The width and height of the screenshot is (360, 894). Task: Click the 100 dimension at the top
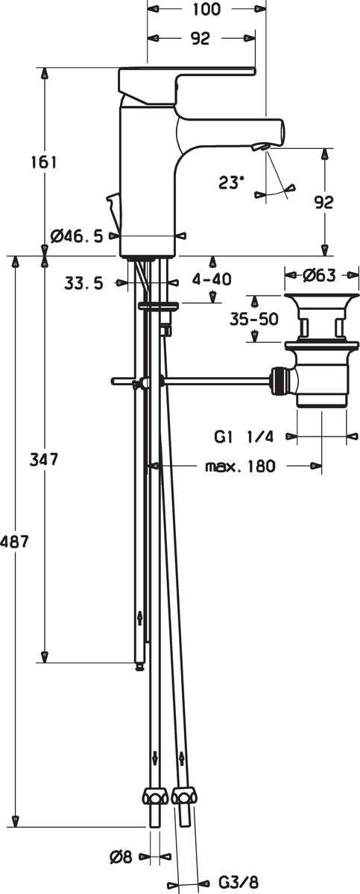206,10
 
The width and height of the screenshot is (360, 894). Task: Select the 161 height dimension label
45,162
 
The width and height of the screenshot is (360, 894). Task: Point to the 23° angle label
231,183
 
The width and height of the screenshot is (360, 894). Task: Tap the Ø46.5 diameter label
77,236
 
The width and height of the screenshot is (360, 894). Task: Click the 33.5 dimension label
83,283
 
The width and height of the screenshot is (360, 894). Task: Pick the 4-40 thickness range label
212,279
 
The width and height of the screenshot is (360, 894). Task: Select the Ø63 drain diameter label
319,275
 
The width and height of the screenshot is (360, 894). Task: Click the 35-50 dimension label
253,319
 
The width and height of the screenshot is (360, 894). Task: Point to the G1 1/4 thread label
244,437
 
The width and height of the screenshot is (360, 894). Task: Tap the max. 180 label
240,466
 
